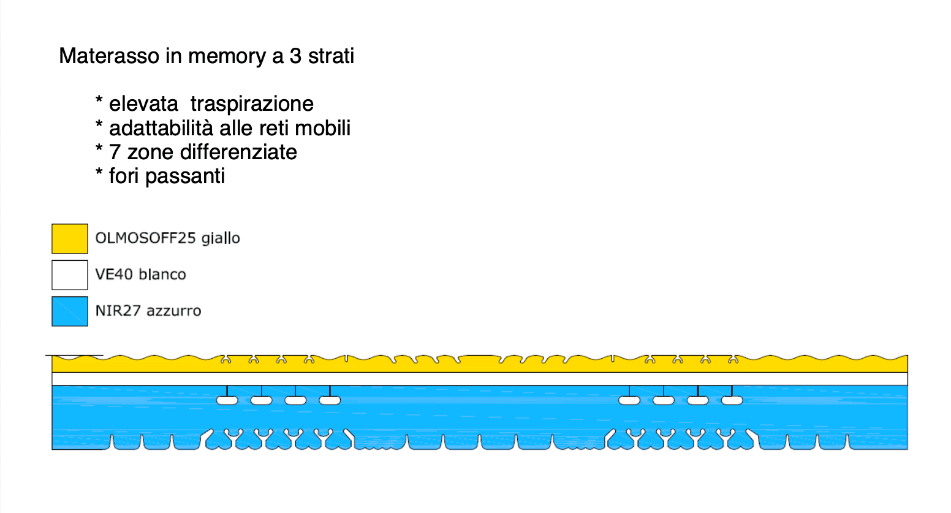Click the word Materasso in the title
(x=109, y=56)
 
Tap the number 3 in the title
(x=295, y=56)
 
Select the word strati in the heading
(x=331, y=56)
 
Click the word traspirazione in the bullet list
(x=252, y=104)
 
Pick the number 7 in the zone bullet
(x=115, y=152)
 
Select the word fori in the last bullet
(x=124, y=176)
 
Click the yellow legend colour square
(x=70, y=239)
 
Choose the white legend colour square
(x=70, y=275)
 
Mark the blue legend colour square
(x=70, y=311)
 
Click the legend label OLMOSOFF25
(x=145, y=238)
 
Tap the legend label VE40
(x=114, y=274)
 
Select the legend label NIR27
(x=118, y=311)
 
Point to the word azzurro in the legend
(x=174, y=311)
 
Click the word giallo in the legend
(x=221, y=238)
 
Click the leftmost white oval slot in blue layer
(x=227, y=400)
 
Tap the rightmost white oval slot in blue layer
(x=732, y=400)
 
